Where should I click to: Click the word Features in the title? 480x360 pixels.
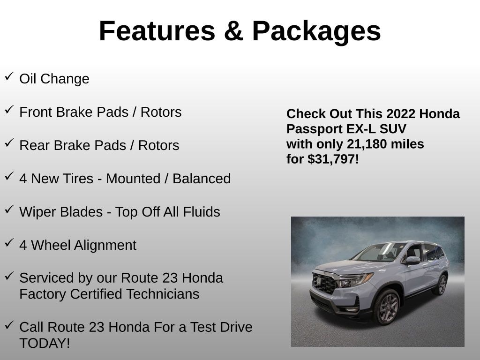click(x=157, y=31)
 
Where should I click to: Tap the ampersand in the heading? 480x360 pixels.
click(x=233, y=31)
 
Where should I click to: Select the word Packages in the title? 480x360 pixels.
click(x=316, y=32)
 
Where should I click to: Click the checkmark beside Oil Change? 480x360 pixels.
click(x=9, y=76)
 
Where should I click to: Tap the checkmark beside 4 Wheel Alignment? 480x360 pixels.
click(x=9, y=243)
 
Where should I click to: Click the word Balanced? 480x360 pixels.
click(x=202, y=179)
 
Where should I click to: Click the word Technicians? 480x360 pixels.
click(x=163, y=294)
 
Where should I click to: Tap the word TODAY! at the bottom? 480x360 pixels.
click(x=45, y=343)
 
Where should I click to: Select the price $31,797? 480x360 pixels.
click(x=333, y=159)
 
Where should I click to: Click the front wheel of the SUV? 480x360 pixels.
click(x=387, y=307)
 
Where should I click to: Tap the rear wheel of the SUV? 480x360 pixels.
click(x=441, y=285)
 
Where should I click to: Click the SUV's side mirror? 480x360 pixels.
click(x=412, y=260)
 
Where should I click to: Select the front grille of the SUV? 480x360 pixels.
click(x=324, y=284)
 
